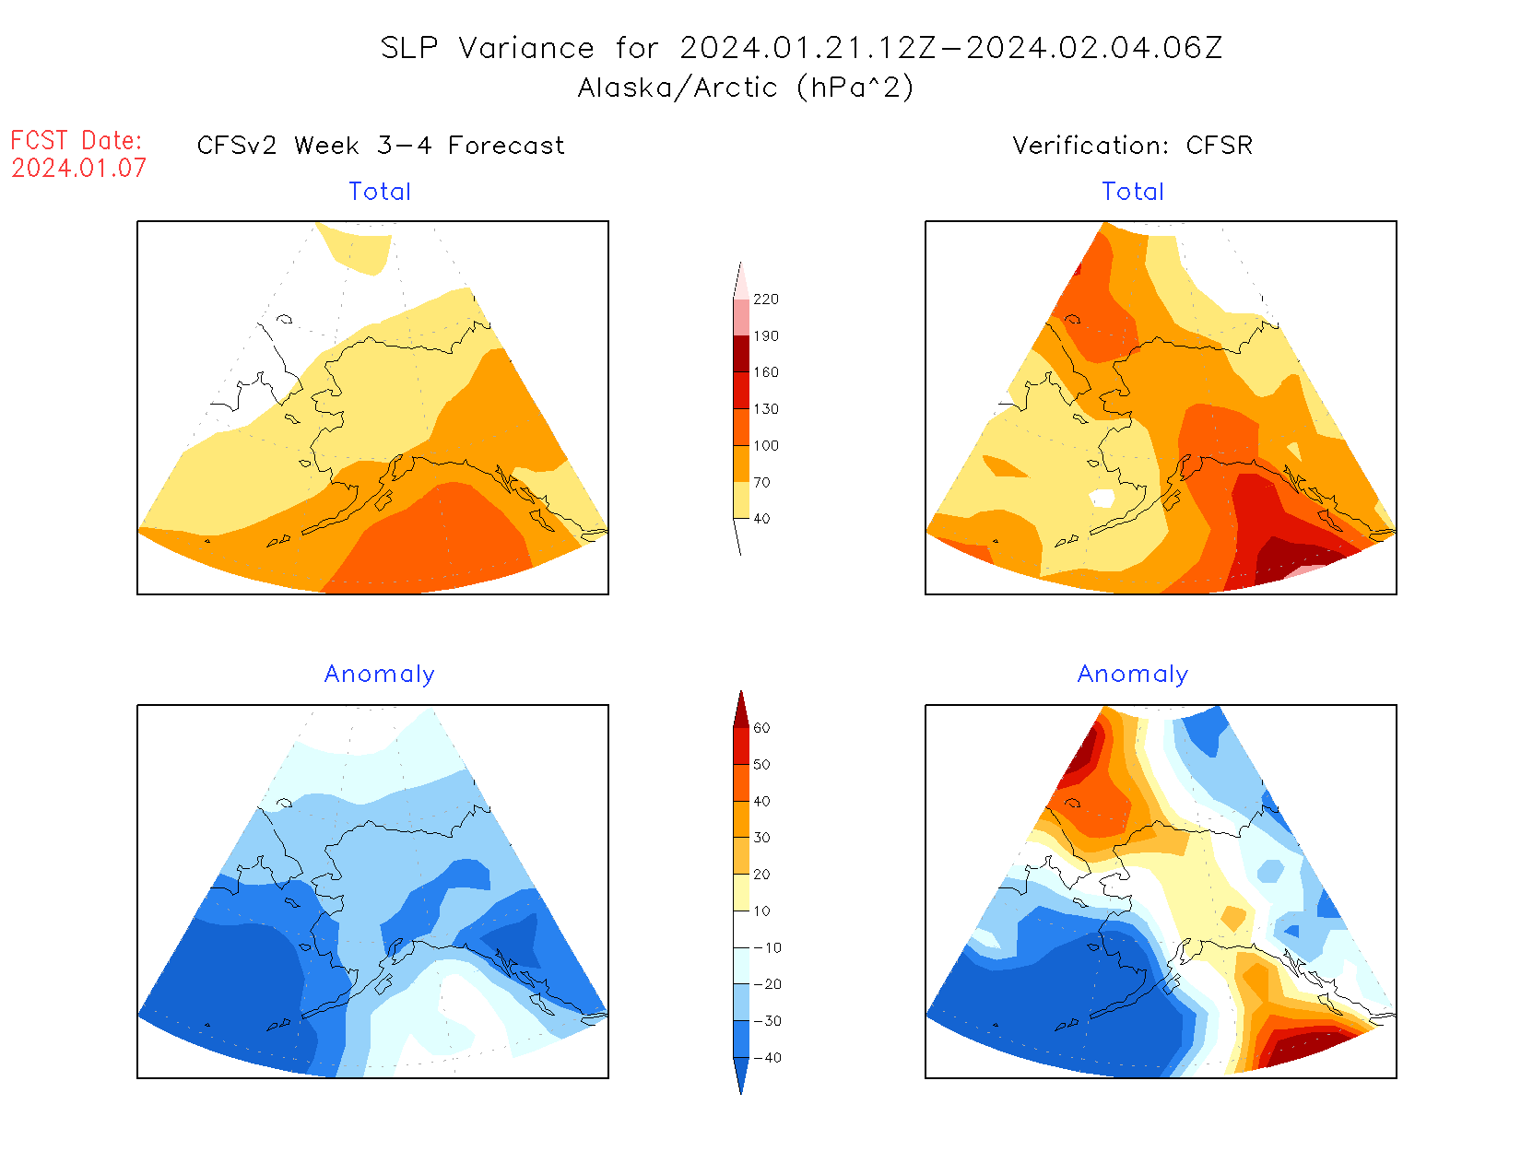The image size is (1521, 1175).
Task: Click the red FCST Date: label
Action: (x=77, y=140)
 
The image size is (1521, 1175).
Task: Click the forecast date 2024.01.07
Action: (x=79, y=168)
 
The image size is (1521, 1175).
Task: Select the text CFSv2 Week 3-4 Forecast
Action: (x=381, y=146)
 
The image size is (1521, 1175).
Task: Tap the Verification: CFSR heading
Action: (x=1132, y=146)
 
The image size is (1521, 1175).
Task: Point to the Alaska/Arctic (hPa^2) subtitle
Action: (x=746, y=88)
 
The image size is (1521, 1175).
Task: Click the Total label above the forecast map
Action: (x=380, y=192)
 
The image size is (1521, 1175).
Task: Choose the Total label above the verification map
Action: (x=1133, y=192)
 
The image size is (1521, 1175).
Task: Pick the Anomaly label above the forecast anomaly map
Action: (x=379, y=675)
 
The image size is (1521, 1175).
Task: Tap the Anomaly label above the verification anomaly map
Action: (x=1133, y=675)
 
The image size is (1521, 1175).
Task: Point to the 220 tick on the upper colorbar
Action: (x=765, y=300)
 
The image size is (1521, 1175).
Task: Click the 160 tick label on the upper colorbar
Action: (x=765, y=372)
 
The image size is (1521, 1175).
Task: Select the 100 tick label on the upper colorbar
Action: (x=765, y=446)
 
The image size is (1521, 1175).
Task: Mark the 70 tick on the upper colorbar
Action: (x=761, y=483)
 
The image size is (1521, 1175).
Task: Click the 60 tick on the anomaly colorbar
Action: (x=761, y=728)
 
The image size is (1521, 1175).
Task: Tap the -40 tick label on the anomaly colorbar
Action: (x=766, y=1058)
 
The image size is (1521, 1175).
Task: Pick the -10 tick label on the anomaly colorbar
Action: (x=766, y=947)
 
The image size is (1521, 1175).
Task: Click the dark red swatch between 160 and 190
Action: (x=741, y=354)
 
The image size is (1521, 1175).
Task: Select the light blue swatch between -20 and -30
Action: (x=741, y=1003)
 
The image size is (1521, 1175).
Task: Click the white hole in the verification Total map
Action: (x=1102, y=498)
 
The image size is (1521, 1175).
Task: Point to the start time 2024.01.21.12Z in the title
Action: (x=808, y=48)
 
